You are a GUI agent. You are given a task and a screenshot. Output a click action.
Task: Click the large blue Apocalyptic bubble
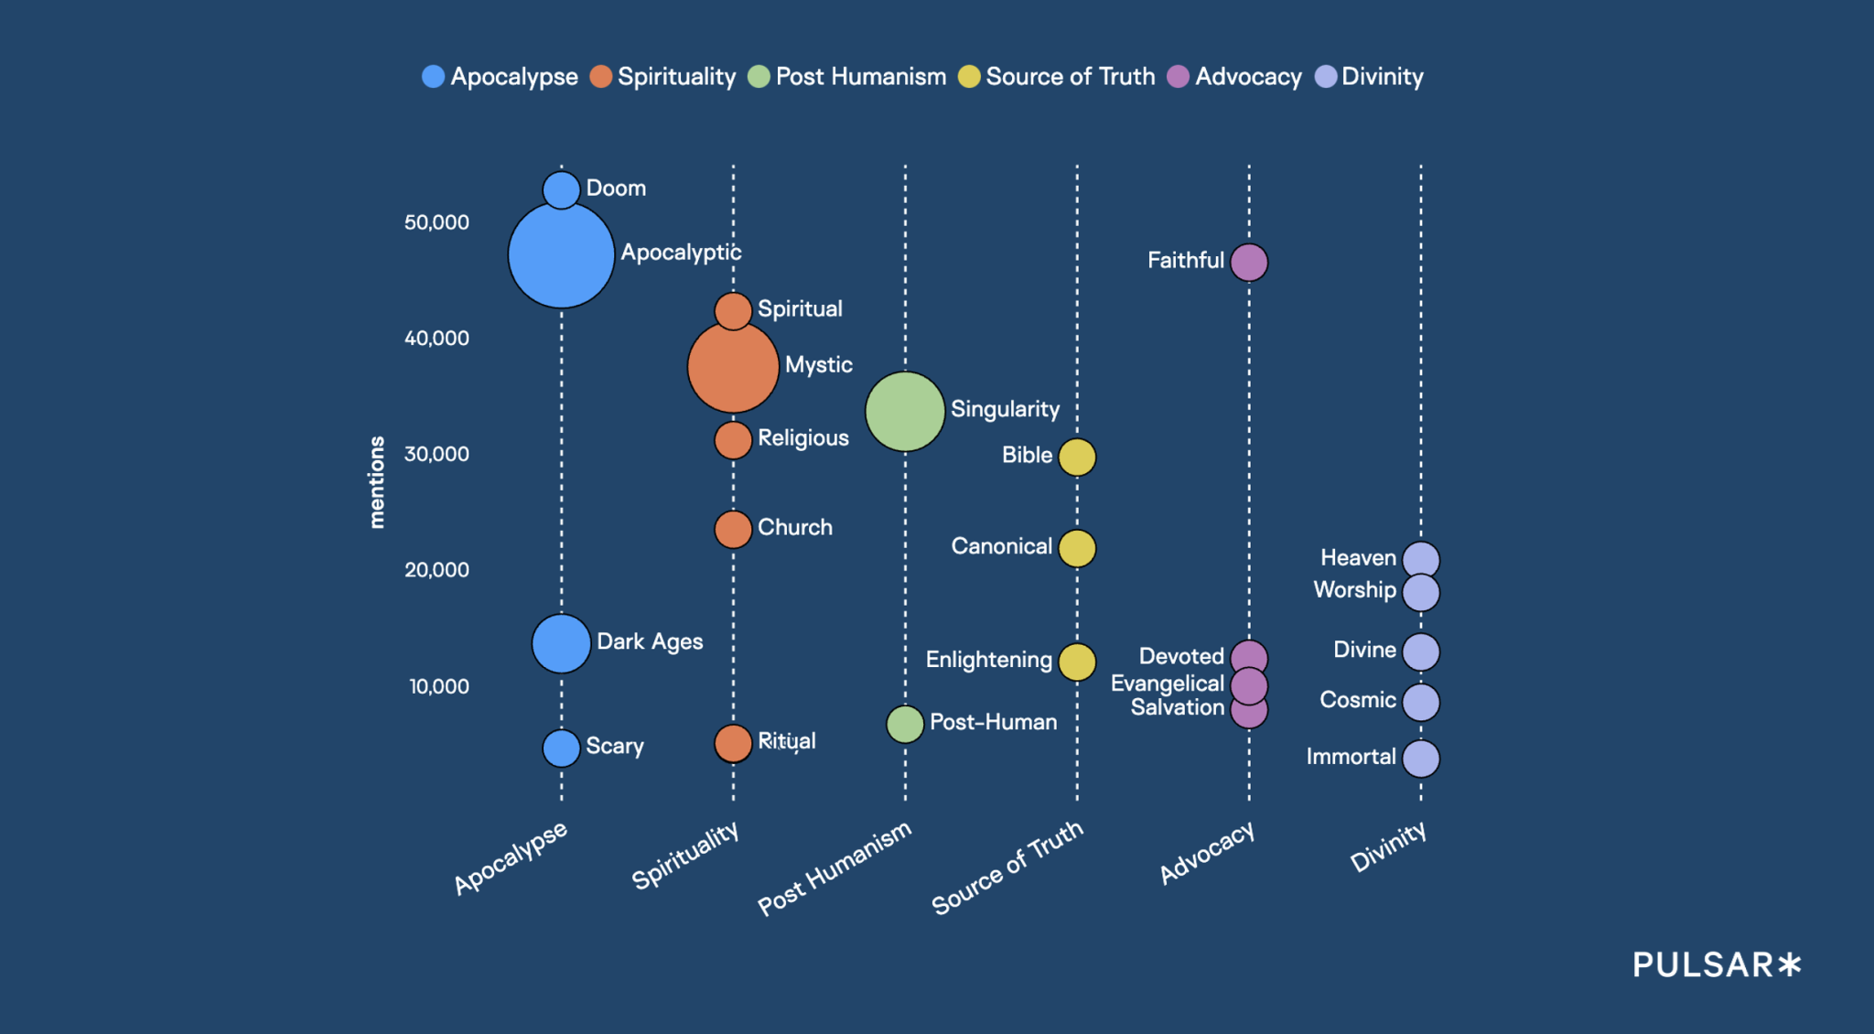pos(561,255)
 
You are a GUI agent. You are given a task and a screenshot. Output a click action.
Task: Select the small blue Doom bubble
pos(561,189)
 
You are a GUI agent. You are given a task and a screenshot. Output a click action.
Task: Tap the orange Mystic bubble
pos(733,367)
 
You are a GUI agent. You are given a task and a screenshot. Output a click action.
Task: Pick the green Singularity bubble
pos(905,412)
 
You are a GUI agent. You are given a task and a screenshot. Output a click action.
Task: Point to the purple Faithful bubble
pos(1249,263)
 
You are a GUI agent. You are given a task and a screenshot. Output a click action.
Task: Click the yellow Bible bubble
pos(1077,457)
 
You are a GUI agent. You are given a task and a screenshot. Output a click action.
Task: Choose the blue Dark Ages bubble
pos(561,643)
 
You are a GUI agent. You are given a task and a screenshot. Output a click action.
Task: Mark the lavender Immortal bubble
pos(1421,759)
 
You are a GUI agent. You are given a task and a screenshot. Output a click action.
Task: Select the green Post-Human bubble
pos(905,724)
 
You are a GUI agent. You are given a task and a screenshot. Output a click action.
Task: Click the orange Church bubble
pos(733,529)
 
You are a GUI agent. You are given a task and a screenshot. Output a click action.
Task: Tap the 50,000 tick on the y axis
pos(436,222)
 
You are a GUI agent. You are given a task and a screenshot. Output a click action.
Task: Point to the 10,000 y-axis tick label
pos(438,686)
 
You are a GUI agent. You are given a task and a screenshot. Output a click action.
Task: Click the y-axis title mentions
pos(376,482)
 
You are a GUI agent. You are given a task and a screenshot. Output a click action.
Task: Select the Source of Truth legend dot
pos(969,77)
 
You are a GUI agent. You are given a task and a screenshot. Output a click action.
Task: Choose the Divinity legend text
pos(1382,77)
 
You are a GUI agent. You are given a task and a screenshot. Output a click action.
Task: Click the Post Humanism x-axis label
pos(835,867)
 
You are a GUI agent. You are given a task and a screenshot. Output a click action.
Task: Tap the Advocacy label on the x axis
pos(1206,852)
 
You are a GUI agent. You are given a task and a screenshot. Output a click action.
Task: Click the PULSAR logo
pos(1717,964)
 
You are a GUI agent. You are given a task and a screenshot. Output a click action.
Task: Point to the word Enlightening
pos(988,660)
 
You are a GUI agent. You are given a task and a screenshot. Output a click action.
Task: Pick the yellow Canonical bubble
pos(1077,548)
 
